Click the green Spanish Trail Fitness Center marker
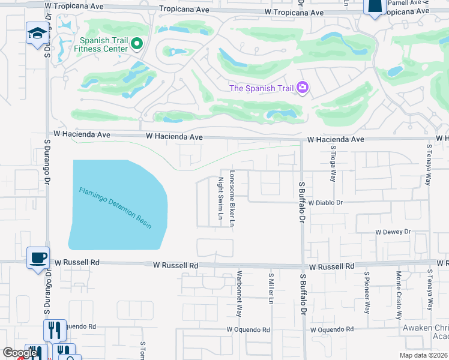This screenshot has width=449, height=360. click(136, 43)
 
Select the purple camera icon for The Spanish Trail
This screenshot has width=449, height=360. click(302, 88)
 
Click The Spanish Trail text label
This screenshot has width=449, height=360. click(261, 89)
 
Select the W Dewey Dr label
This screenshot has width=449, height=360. click(393, 231)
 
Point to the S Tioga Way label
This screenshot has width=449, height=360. click(332, 162)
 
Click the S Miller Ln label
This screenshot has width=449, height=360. click(271, 287)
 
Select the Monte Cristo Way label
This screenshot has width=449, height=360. click(398, 295)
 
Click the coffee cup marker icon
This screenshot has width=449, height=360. click(38, 258)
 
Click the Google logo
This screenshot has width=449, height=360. click(19, 353)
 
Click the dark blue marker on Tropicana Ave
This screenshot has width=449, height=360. click(375, 6)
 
